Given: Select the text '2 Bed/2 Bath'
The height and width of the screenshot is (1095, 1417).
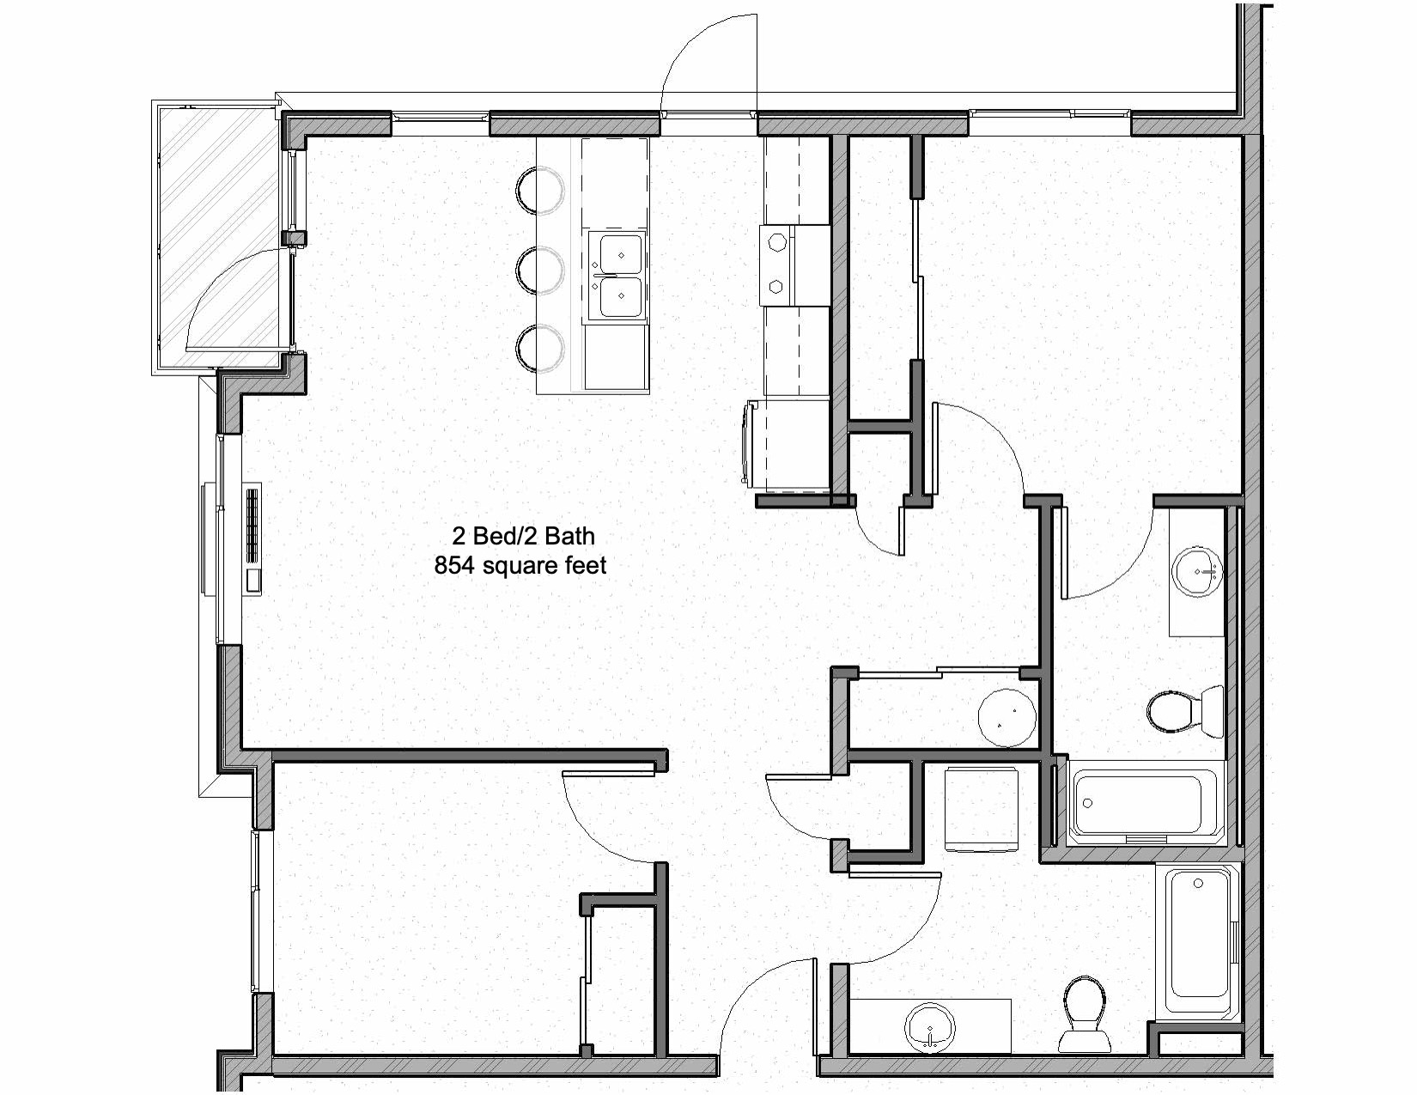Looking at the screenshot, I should click(523, 536).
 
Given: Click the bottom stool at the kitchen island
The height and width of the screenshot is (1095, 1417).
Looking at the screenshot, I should click(540, 349).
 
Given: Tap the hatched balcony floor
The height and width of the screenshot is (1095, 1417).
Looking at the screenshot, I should click(219, 236).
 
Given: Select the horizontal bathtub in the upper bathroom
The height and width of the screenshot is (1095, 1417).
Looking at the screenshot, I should click(1141, 804).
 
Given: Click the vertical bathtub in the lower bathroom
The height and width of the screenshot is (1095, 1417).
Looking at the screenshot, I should click(1197, 942).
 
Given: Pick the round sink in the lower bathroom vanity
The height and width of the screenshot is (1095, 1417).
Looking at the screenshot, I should click(930, 1025).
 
